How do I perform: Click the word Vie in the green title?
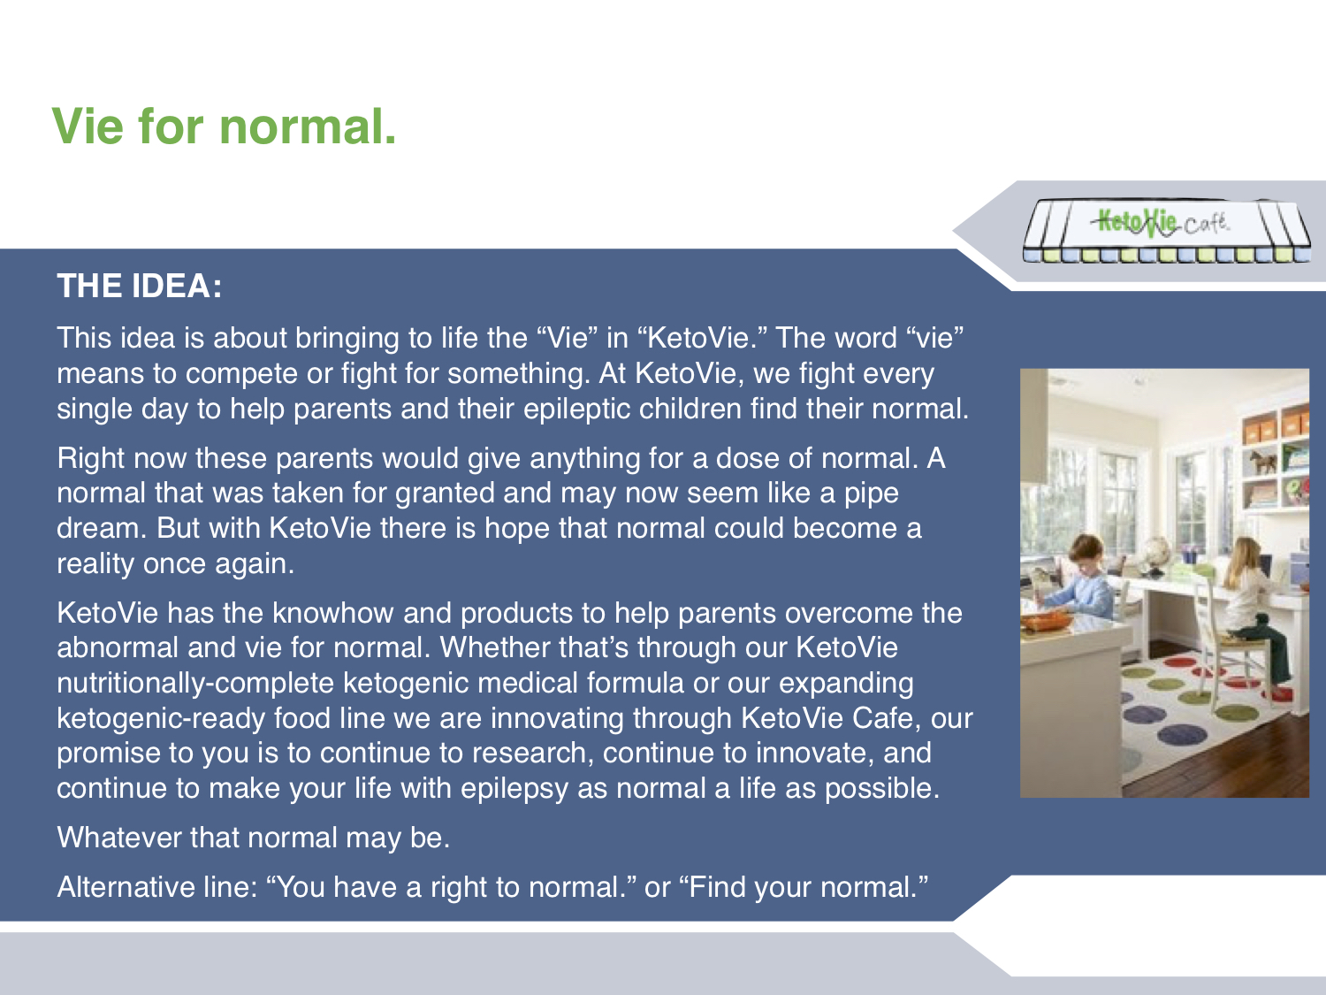pos(88,126)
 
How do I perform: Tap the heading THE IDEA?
pos(140,286)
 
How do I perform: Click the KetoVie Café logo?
pos(1167,230)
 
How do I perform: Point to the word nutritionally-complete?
pos(195,684)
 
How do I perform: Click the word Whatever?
pos(119,838)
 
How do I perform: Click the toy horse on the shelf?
pos(1263,463)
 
